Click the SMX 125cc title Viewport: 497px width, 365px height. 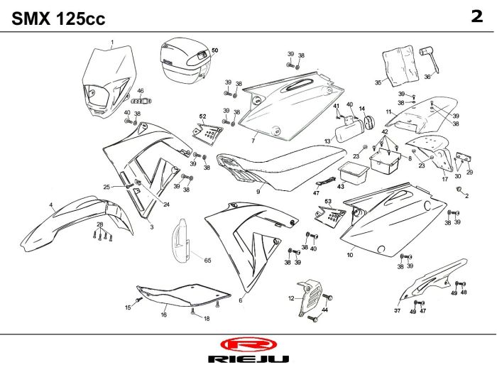tap(58, 18)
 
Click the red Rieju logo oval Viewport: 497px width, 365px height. tap(248, 344)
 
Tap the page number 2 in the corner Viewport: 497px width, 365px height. tap(477, 16)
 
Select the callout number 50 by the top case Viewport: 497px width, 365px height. tap(215, 50)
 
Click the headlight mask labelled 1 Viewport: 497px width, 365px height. tap(108, 81)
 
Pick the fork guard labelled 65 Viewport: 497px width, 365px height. tap(180, 241)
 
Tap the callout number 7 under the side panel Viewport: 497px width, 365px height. tap(253, 141)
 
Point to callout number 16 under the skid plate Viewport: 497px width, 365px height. tap(163, 315)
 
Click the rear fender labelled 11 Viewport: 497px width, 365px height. tap(422, 116)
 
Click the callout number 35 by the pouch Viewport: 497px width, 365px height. tap(378, 82)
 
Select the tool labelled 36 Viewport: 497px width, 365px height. tap(430, 60)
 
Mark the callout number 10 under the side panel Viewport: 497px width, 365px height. tap(350, 255)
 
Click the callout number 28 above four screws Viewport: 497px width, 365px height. tap(100, 224)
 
